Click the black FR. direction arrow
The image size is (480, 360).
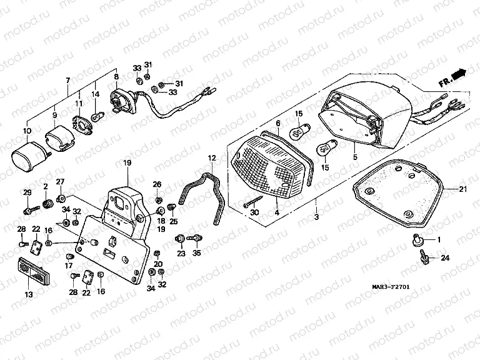pyautogui.click(x=459, y=74)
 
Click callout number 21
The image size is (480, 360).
pyautogui.click(x=463, y=189)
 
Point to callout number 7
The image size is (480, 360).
pyautogui.click(x=67, y=81)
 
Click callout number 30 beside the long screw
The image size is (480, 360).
pyautogui.click(x=254, y=213)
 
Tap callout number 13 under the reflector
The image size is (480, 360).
pyautogui.click(x=29, y=294)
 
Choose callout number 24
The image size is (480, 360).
pyautogui.click(x=444, y=257)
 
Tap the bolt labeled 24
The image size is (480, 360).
pyautogui.click(x=425, y=256)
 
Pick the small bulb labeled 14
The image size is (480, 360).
pyautogui.click(x=97, y=117)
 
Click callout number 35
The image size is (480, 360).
pyautogui.click(x=197, y=253)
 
